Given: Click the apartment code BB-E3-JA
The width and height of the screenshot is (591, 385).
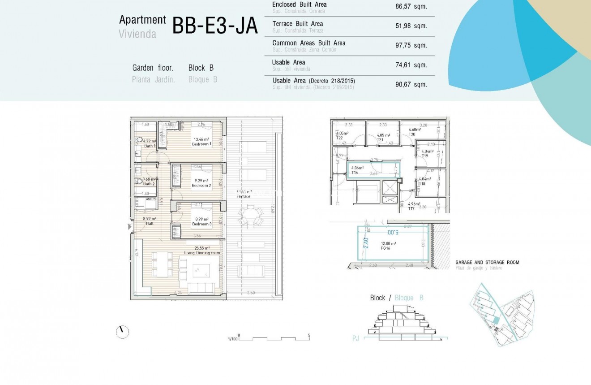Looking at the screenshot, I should tap(215, 26).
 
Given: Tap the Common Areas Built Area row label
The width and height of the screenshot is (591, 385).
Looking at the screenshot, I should tap(309, 43).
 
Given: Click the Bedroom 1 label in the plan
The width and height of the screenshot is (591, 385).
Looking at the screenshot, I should tap(201, 144).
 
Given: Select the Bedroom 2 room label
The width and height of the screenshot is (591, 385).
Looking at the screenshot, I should tap(201, 185).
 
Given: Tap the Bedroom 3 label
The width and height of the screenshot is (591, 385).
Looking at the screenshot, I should tap(201, 224).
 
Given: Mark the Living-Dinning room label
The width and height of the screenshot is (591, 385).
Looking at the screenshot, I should tap(202, 253).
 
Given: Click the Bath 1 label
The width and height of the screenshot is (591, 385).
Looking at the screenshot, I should tap(150, 146).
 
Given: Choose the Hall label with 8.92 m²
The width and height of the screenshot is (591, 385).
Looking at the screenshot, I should tap(149, 223).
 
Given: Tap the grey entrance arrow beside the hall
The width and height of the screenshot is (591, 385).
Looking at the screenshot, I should tap(130, 227).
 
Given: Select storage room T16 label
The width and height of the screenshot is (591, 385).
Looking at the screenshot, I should tap(355, 173).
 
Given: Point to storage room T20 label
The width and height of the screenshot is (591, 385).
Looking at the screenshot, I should tap(412, 134).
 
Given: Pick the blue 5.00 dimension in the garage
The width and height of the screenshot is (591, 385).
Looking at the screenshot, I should tap(392, 232).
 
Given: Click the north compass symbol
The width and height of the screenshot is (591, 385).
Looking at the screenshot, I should tap(122, 332).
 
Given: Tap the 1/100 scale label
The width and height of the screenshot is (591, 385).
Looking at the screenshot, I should tap(232, 339).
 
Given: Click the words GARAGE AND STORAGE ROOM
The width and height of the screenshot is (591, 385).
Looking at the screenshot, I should tap(487, 262).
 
